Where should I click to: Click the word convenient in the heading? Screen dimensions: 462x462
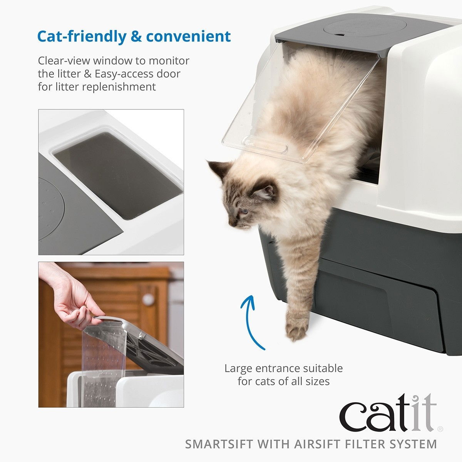pos(188,37)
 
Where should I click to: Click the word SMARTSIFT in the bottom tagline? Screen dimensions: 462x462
pos(219,444)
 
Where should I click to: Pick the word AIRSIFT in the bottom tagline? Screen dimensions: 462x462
pos(311,444)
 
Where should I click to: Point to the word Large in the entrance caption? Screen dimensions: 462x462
pos(239,368)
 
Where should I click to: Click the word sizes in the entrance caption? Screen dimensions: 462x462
pos(316,381)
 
